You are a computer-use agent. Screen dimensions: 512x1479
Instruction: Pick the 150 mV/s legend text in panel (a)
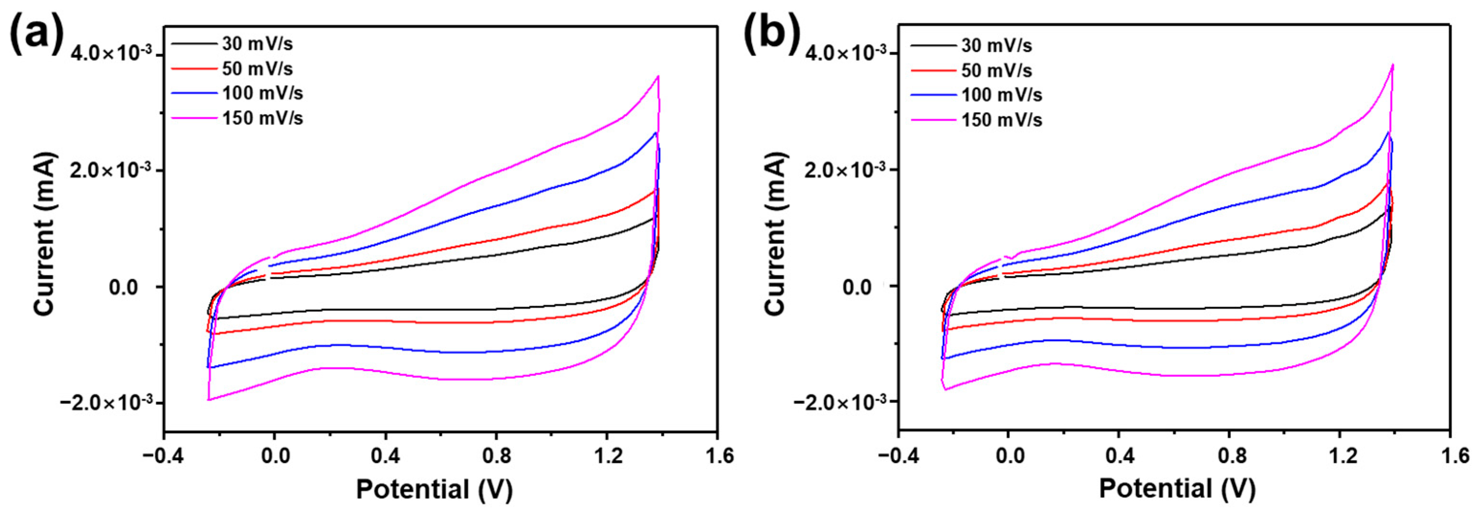(263, 118)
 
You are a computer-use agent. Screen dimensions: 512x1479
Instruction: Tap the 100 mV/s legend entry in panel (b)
(1001, 95)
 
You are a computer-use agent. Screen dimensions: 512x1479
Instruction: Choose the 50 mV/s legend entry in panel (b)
(996, 71)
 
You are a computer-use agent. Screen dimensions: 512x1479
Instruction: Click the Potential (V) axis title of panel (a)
(434, 489)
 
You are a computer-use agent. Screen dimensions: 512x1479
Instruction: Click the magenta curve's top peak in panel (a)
(658, 76)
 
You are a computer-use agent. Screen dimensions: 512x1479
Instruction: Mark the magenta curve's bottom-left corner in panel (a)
(209, 399)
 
